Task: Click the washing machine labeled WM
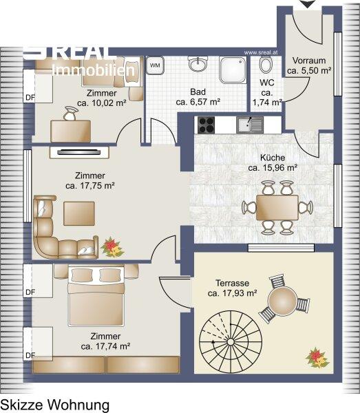[155, 65]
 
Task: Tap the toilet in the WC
[266, 65]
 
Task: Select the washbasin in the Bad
[198, 64]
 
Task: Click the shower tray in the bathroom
[233, 70]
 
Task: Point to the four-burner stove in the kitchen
[207, 125]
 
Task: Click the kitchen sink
[250, 125]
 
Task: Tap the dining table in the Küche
[277, 208]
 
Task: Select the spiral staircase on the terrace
[231, 341]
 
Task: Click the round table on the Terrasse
[282, 300]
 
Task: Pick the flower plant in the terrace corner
[317, 357]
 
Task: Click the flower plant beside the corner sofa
[112, 247]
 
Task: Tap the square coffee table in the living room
[79, 213]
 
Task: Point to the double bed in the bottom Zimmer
[96, 297]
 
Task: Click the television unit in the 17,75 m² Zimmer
[79, 152]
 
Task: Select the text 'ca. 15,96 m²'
[273, 167]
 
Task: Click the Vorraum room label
[309, 61]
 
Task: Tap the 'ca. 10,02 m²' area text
[102, 103]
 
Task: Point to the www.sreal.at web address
[261, 52]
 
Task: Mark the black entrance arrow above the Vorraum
[307, 3]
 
